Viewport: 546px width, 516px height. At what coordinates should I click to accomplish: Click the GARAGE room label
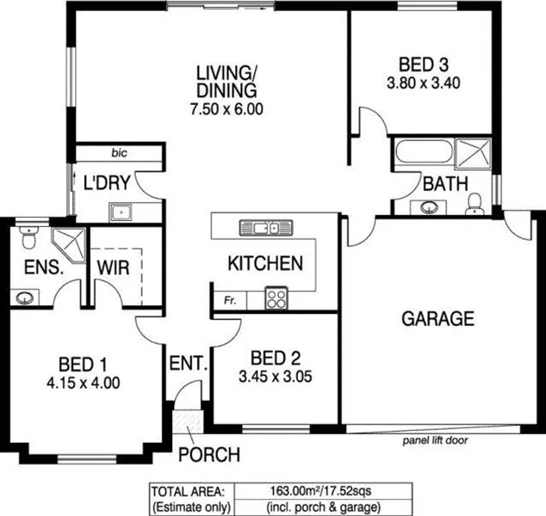tap(437, 319)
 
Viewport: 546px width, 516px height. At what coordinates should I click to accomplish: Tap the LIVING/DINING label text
tap(227, 79)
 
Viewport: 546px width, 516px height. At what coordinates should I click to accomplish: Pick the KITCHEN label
tap(264, 263)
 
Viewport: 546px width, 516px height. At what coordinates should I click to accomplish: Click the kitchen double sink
tap(264, 228)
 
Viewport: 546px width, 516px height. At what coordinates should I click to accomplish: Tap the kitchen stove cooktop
tap(276, 298)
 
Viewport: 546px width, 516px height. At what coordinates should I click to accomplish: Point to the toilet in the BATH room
tap(473, 203)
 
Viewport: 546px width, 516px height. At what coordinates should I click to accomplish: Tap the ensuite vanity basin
tap(24, 298)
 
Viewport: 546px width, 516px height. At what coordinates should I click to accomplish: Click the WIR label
tap(114, 267)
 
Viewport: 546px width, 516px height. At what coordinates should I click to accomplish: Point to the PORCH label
tap(205, 454)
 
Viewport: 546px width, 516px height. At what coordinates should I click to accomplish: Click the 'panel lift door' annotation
tap(439, 440)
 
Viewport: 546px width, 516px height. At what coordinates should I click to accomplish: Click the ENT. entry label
tap(189, 364)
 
